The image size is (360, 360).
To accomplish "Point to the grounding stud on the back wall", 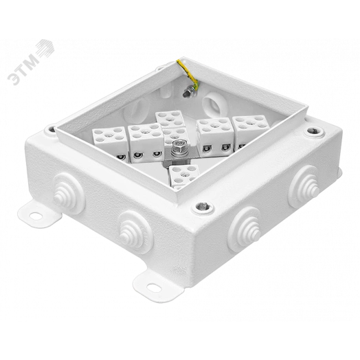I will coord(186,93).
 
